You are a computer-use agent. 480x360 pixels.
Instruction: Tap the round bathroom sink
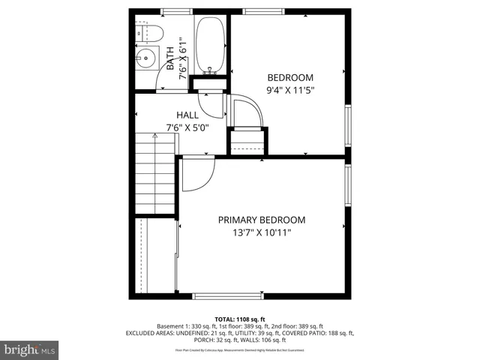click(x=145, y=58)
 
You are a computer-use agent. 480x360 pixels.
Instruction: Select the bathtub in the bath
click(x=209, y=45)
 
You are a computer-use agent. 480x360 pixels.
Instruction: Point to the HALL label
click(x=187, y=115)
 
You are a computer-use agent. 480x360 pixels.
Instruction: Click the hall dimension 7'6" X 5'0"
click(x=187, y=127)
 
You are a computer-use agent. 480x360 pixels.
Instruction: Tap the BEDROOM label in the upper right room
click(x=290, y=77)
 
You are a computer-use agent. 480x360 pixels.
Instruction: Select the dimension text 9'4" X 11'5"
click(x=290, y=90)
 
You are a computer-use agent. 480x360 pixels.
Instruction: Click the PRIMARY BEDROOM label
click(x=262, y=220)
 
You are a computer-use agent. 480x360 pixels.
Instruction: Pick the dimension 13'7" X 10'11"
click(x=262, y=232)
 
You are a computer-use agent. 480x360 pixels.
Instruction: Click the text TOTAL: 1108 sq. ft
click(x=240, y=319)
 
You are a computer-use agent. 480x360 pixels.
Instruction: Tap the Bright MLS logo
click(x=30, y=349)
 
